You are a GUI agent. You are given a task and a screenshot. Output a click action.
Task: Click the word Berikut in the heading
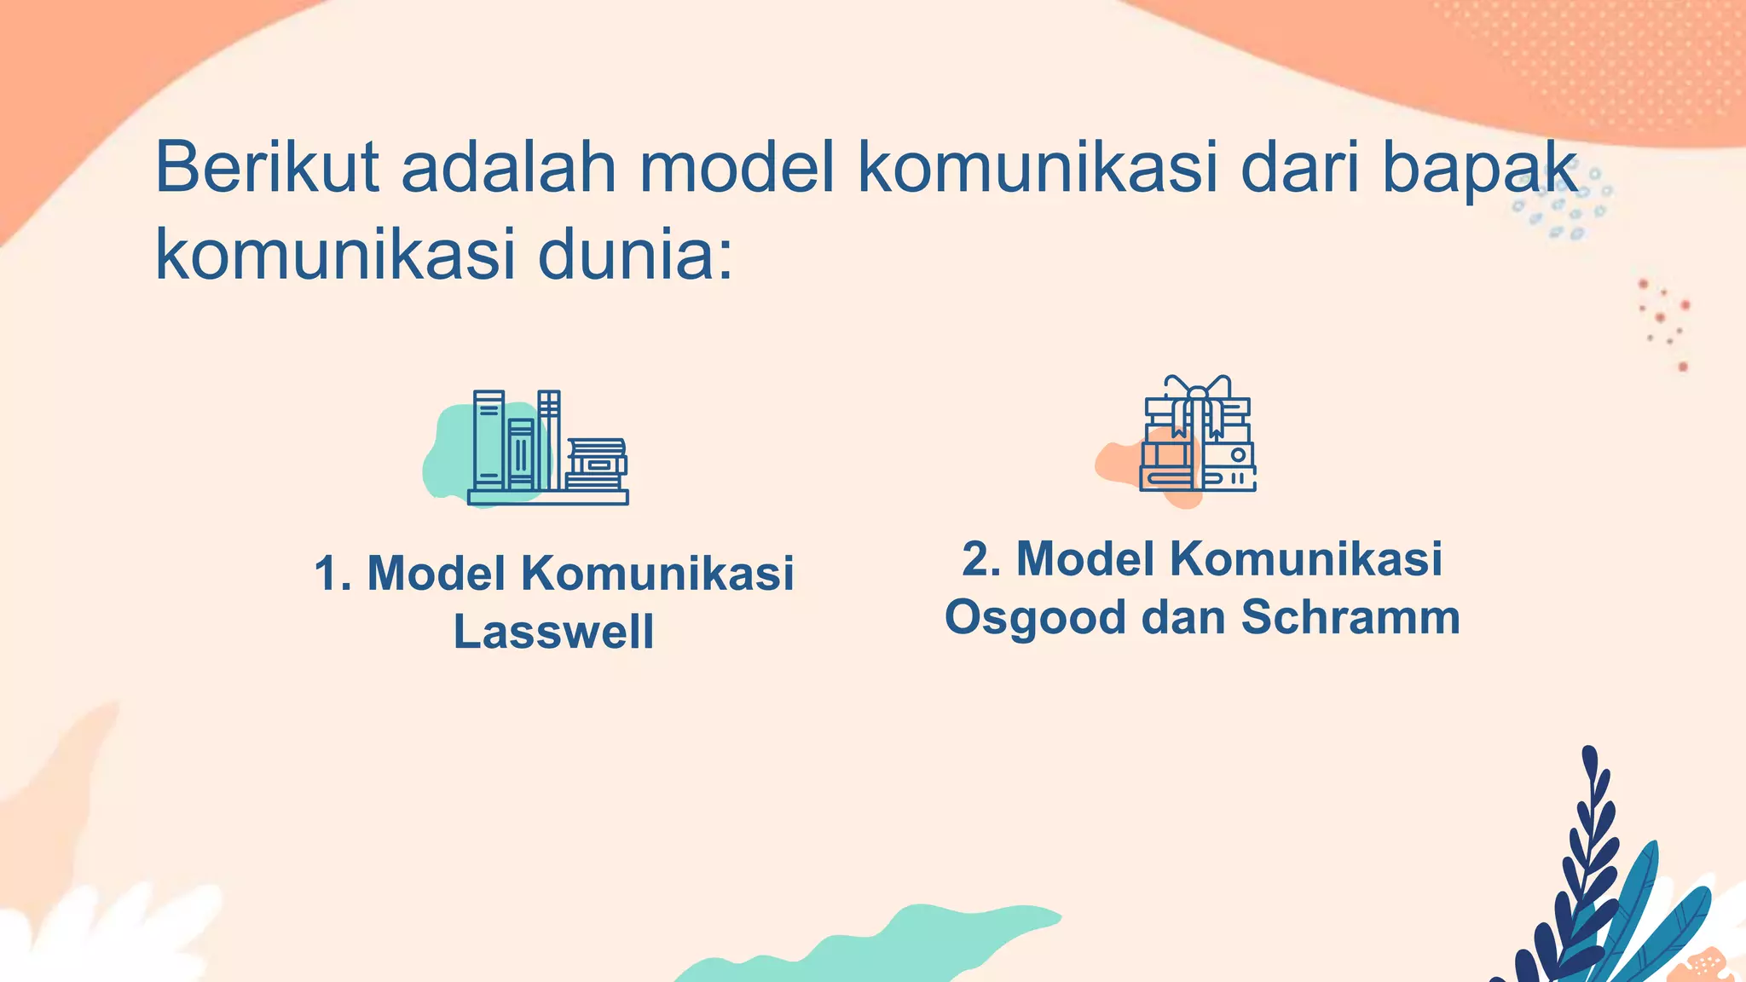(x=267, y=167)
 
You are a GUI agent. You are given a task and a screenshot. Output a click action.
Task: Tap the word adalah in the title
(x=509, y=167)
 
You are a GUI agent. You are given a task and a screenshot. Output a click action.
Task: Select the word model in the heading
(x=737, y=167)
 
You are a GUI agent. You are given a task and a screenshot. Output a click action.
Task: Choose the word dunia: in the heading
(x=635, y=256)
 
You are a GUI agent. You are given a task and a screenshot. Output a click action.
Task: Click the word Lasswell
(x=554, y=632)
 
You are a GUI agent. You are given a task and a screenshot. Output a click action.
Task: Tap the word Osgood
(x=1035, y=618)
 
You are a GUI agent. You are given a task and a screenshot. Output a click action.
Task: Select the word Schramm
(x=1350, y=616)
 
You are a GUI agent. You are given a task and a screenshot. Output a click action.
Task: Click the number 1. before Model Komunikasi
(x=332, y=573)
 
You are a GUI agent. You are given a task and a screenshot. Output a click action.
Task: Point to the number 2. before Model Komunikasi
(x=981, y=559)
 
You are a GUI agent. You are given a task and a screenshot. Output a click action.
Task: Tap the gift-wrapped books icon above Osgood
(x=1197, y=435)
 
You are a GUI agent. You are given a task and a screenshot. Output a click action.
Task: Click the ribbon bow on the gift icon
(x=1197, y=389)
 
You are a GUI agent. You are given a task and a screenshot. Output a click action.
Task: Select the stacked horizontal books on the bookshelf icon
(x=596, y=465)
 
